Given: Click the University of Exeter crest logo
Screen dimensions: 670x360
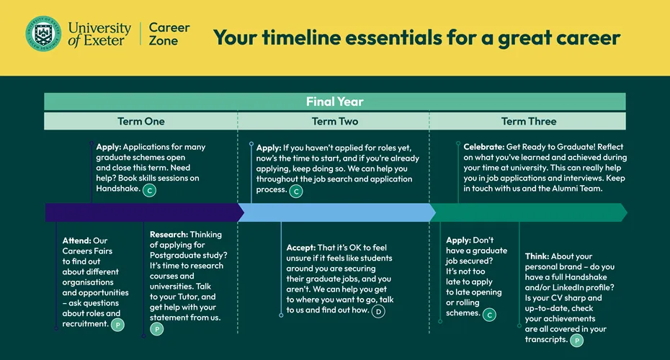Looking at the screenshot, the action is point(43,34).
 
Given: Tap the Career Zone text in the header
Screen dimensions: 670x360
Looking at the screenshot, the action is point(169,34).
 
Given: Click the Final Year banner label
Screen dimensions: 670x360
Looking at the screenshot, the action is point(334,102).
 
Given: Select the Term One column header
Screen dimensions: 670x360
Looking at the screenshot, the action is point(141,121).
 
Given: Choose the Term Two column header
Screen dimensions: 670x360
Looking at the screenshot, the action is point(334,121).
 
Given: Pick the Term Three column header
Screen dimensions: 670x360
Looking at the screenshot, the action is point(529,121).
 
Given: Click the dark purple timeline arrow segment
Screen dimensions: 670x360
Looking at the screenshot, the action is point(144,212).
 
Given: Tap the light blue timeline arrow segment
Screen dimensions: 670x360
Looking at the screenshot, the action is point(336,212).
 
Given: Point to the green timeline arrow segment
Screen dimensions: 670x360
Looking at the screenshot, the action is point(529,212).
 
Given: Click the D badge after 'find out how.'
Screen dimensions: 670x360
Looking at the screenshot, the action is point(378,311).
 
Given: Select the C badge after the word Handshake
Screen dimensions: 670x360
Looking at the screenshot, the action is point(149,190).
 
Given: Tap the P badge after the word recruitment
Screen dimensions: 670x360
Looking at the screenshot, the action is point(117,325).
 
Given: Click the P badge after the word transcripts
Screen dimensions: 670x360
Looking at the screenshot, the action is point(577,341).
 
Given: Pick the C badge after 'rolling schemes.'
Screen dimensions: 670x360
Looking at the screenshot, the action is point(489,315).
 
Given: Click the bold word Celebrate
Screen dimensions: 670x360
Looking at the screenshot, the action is point(484,147).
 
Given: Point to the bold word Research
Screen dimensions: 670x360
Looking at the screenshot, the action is point(169,235).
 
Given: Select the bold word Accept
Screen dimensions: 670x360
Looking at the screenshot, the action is point(301,248).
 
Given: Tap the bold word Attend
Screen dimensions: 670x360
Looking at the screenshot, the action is point(77,240).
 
